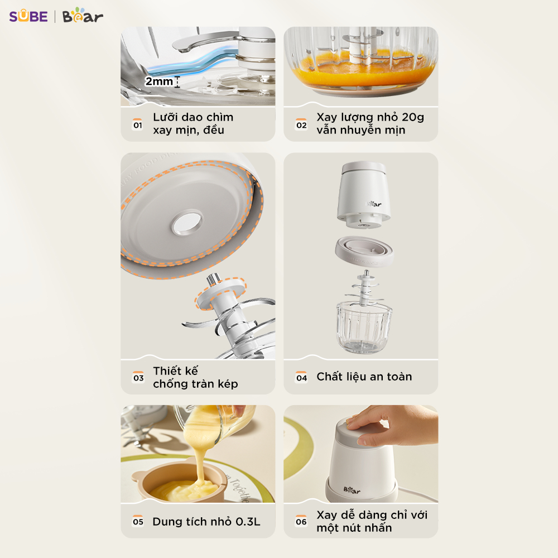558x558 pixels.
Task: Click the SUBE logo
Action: tap(28, 16)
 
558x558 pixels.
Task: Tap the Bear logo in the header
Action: tap(83, 16)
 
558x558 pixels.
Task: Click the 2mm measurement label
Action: tap(158, 81)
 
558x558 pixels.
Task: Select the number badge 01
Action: tap(138, 124)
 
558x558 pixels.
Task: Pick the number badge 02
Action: tap(301, 124)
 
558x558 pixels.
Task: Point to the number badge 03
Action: tap(138, 377)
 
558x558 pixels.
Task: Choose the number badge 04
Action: tap(302, 377)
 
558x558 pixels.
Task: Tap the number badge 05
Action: tap(138, 521)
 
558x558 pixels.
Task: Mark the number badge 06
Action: tap(301, 521)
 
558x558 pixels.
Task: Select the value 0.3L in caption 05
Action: tap(248, 522)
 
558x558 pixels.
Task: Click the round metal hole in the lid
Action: tap(187, 223)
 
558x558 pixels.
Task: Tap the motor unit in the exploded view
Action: tap(364, 194)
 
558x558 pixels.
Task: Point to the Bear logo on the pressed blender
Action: tap(352, 490)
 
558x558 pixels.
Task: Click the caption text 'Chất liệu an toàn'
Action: tap(364, 377)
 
